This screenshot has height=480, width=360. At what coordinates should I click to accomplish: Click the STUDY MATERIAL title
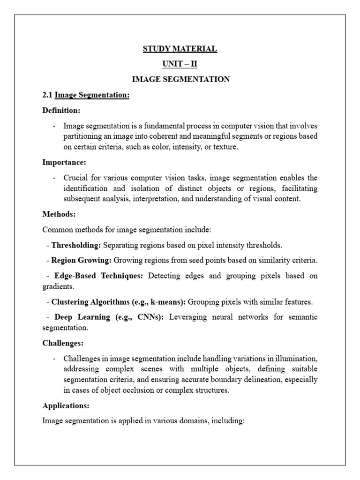pyautogui.click(x=180, y=49)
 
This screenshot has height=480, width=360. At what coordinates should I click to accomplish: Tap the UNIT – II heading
pyautogui.click(x=180, y=64)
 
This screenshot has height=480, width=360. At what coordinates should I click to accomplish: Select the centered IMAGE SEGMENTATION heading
pyautogui.click(x=180, y=80)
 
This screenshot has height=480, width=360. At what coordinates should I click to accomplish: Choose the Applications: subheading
pyautogui.click(x=66, y=405)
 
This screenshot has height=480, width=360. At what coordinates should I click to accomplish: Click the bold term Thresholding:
pyautogui.click(x=76, y=245)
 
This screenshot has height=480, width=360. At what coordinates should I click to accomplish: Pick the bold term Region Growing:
pyautogui.click(x=81, y=260)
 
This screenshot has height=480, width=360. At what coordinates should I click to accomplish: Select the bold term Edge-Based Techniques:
pyautogui.click(x=98, y=276)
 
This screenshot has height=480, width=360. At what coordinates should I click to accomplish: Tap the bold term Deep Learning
pyautogui.click(x=82, y=317)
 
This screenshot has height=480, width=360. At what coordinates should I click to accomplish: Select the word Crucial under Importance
pyautogui.click(x=76, y=178)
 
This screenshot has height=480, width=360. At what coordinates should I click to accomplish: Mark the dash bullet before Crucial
pyautogui.click(x=55, y=178)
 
